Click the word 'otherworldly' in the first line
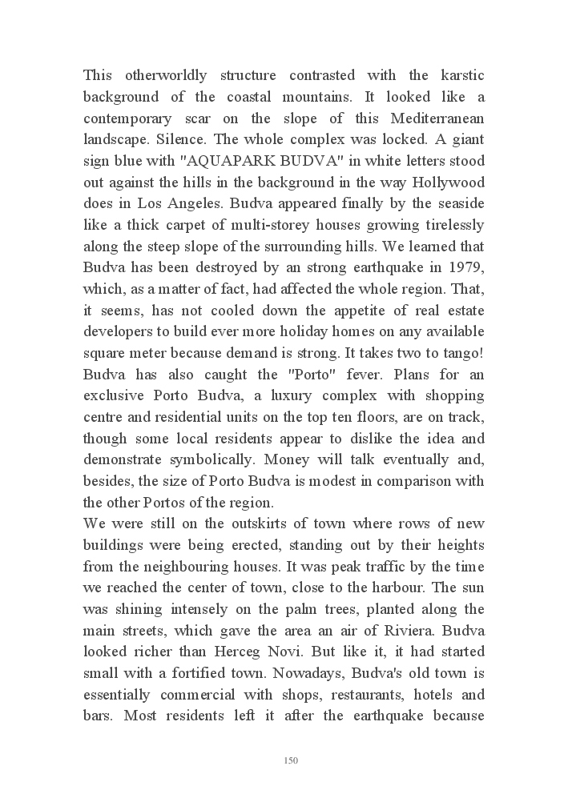[x=165, y=76]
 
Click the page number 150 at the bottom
[x=291, y=760]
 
